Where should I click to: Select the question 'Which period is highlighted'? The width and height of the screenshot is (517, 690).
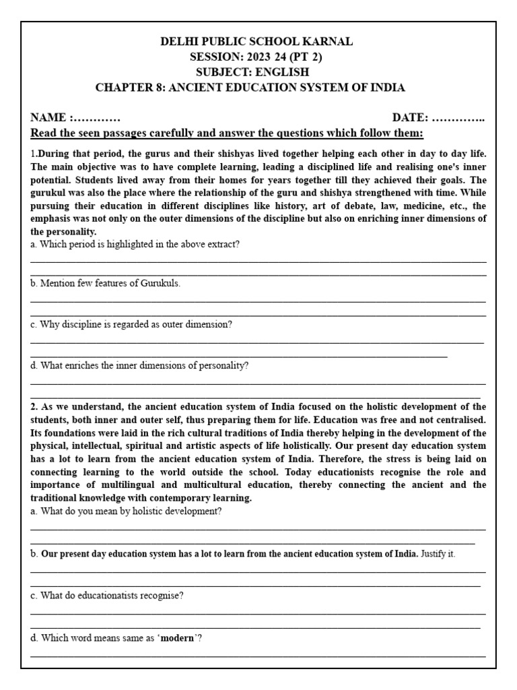point(135,245)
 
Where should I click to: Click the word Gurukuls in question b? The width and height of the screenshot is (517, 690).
point(160,284)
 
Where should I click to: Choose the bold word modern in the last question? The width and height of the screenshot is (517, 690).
point(178,637)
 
